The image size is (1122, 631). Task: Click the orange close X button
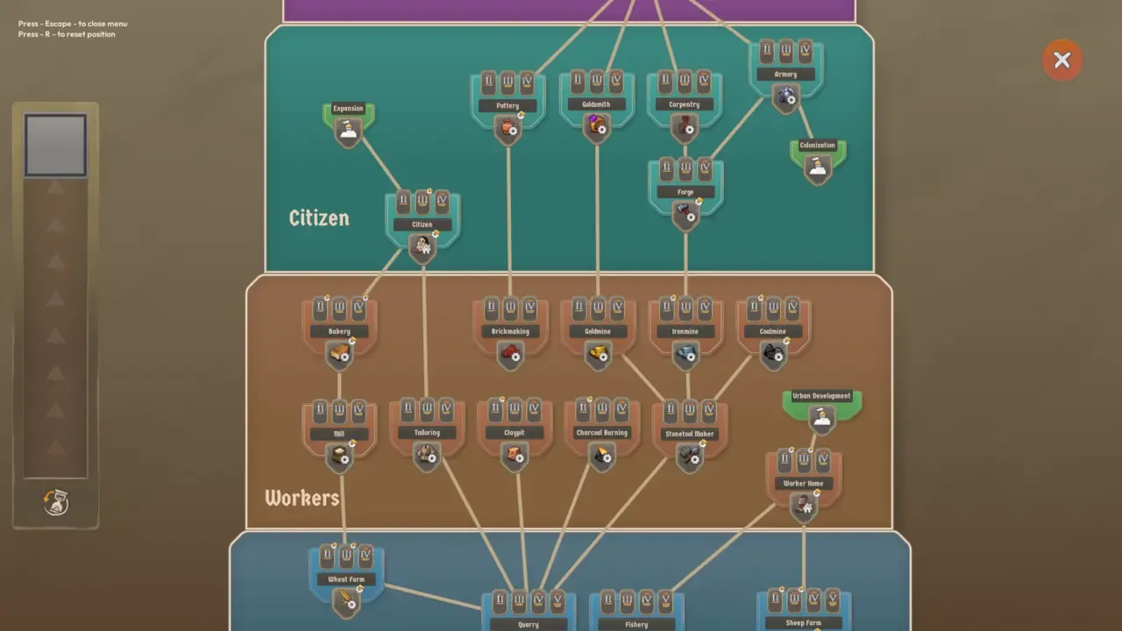click(1062, 60)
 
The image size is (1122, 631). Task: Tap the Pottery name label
click(508, 106)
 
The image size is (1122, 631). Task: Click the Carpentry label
click(685, 104)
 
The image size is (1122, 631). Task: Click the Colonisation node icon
click(818, 167)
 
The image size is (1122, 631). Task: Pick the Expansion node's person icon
click(348, 131)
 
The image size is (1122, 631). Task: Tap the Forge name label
click(685, 192)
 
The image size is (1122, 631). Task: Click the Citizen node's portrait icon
click(423, 246)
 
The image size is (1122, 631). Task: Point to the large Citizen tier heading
click(319, 217)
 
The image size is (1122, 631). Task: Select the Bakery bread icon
click(339, 353)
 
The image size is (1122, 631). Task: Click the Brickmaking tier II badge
click(491, 308)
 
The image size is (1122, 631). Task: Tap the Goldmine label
click(598, 331)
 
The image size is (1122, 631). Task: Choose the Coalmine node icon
click(773, 353)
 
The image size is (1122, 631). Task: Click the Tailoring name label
click(427, 432)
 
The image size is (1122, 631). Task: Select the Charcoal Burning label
click(602, 432)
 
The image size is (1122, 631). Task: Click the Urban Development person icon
click(821, 418)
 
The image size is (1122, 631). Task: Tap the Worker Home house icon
click(803, 505)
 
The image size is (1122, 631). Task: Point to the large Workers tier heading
click(302, 498)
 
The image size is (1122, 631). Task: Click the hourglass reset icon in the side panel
click(55, 502)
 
